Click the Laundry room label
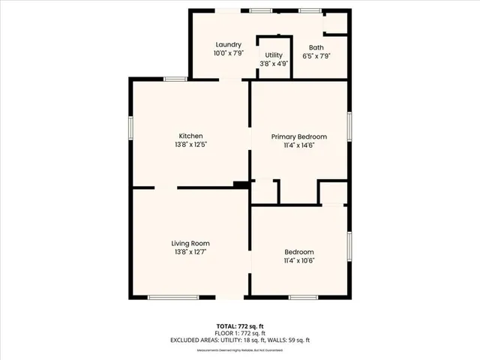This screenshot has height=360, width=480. click(x=228, y=45)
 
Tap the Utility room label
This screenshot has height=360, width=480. click(x=274, y=55)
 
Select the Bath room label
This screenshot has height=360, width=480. click(x=316, y=47)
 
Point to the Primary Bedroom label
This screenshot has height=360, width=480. click(x=299, y=136)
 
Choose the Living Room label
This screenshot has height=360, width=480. click(x=190, y=243)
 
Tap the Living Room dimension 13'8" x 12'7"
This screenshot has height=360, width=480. click(x=190, y=252)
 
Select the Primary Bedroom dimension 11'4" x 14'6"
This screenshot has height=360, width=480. click(x=299, y=145)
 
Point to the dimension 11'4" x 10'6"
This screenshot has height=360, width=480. click(x=298, y=260)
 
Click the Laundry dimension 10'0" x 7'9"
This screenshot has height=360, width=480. click(x=228, y=54)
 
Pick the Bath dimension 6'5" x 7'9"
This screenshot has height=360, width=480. click(x=316, y=56)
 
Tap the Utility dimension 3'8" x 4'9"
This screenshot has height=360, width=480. click(x=274, y=64)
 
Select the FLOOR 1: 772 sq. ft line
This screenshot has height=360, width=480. click(x=240, y=333)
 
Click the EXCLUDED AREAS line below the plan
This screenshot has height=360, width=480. click(x=240, y=340)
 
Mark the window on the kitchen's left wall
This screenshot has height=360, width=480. click(x=132, y=127)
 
